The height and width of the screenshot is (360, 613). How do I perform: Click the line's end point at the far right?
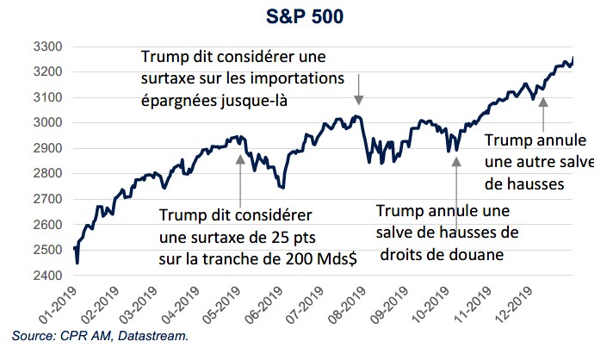(574, 57)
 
